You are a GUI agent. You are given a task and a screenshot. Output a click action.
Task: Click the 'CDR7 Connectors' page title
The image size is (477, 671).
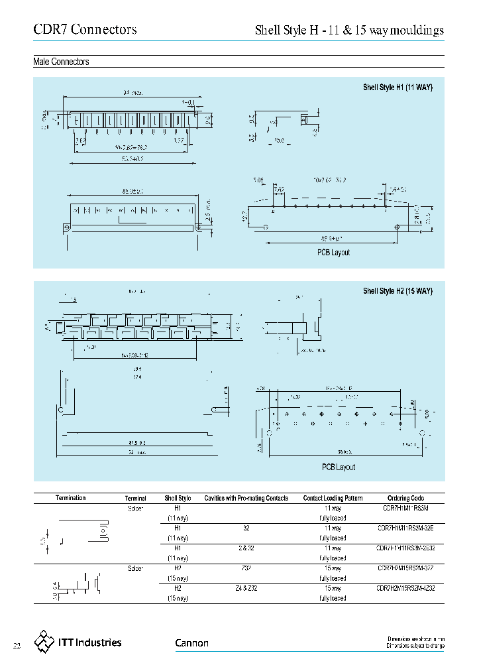pyautogui.click(x=85, y=30)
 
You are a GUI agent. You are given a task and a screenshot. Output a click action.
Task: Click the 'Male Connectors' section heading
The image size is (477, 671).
pyautogui.click(x=61, y=62)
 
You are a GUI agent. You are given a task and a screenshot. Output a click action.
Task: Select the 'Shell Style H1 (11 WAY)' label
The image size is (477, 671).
pyautogui.click(x=397, y=88)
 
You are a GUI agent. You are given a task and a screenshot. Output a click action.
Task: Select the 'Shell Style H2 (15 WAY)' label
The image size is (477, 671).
pyautogui.click(x=397, y=291)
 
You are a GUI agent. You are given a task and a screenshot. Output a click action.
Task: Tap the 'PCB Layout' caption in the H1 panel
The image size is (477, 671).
pyautogui.click(x=333, y=252)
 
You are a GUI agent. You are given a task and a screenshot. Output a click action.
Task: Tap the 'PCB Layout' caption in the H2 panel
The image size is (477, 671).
pyautogui.click(x=339, y=467)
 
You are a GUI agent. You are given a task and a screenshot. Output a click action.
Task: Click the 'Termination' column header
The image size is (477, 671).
pyautogui.click(x=71, y=498)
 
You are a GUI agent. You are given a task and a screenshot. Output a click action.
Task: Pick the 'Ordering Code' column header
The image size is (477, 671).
pyautogui.click(x=405, y=498)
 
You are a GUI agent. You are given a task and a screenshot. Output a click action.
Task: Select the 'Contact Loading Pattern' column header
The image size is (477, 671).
pyautogui.click(x=333, y=498)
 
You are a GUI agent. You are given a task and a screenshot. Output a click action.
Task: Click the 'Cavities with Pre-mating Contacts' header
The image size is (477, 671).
pyautogui.click(x=246, y=498)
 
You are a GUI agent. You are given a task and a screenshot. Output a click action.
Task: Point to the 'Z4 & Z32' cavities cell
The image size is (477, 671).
pyautogui.click(x=246, y=588)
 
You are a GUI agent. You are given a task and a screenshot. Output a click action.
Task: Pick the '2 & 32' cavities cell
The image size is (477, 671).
pyautogui.click(x=246, y=548)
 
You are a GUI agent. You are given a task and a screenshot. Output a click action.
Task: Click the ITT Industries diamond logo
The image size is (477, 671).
pyautogui.click(x=45, y=641)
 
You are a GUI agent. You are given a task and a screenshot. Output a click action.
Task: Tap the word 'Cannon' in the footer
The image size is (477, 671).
pyautogui.click(x=191, y=642)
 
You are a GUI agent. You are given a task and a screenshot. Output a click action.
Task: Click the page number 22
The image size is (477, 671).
pyautogui.click(x=18, y=645)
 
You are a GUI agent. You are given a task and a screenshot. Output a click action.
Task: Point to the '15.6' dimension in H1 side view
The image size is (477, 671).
pyautogui.click(x=279, y=141)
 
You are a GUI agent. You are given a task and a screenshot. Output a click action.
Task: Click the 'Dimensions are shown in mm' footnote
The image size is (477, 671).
pyautogui.click(x=415, y=639)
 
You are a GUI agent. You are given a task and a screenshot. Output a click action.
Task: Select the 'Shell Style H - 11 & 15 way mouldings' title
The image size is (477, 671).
pyautogui.click(x=349, y=30)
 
